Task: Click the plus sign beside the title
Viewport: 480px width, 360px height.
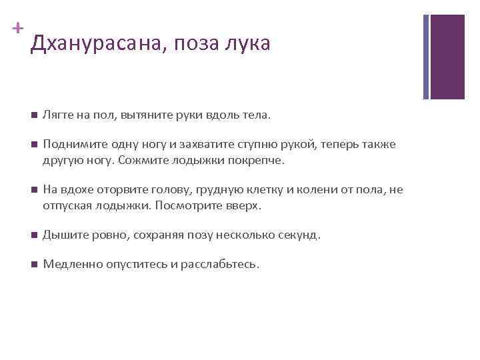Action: click(18, 29)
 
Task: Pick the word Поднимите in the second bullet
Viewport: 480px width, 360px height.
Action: click(71, 145)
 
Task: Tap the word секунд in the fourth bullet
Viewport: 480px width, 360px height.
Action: click(301, 235)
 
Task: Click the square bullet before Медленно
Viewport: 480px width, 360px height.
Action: click(33, 265)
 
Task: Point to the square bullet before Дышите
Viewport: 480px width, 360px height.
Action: click(33, 235)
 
